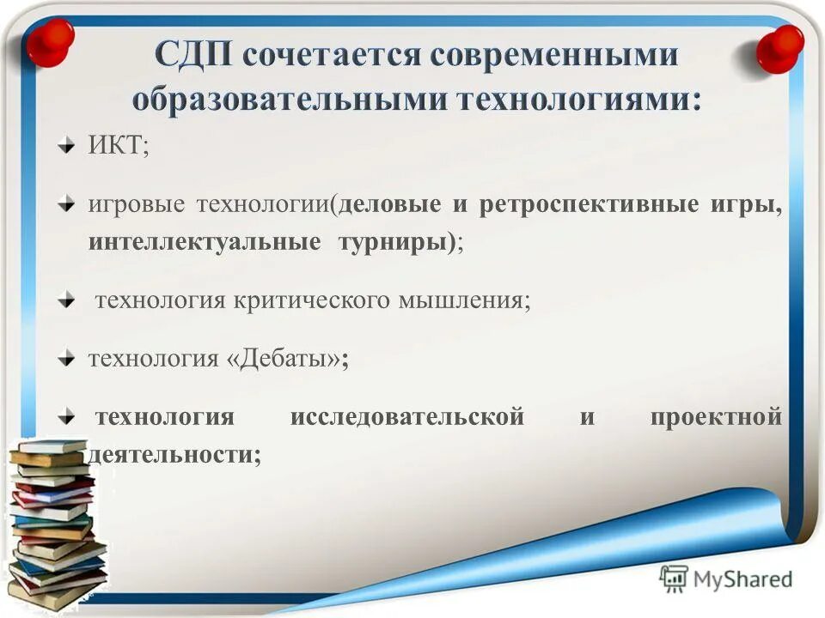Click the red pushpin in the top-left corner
click(x=49, y=41)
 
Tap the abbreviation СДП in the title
click(x=193, y=56)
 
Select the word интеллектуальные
click(x=199, y=241)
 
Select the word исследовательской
click(x=406, y=417)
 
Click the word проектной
click(x=715, y=417)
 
